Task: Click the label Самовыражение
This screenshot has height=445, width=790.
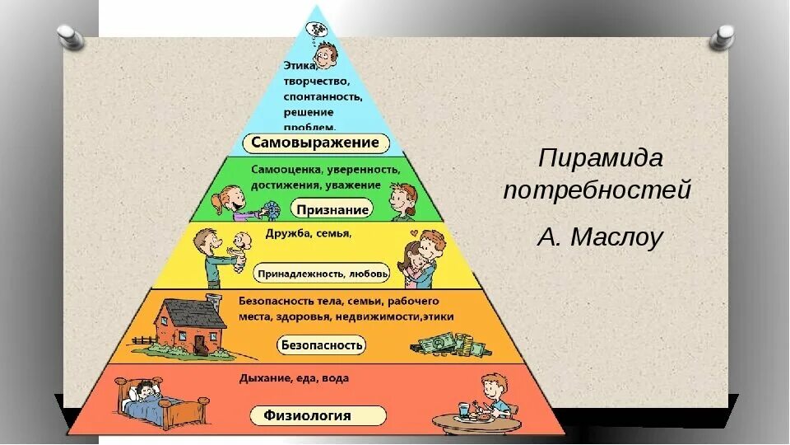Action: [315, 143]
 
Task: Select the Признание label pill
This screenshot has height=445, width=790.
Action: [332, 209]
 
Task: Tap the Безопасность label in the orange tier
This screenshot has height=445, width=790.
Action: [323, 344]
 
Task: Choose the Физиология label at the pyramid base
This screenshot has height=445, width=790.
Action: [307, 415]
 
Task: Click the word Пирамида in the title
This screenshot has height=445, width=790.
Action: [600, 157]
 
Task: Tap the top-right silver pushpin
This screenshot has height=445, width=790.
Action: [724, 35]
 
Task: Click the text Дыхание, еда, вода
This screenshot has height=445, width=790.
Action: [294, 378]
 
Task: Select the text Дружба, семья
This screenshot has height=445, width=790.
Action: [308, 234]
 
